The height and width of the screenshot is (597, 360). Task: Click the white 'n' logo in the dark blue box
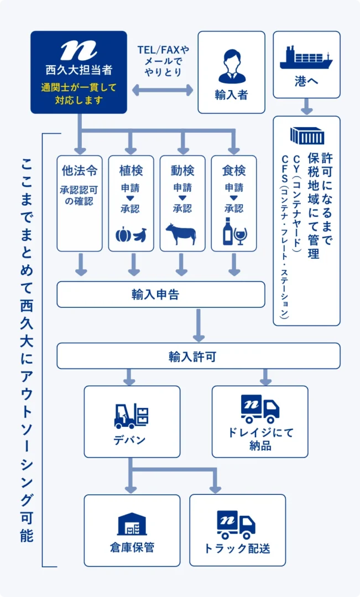coord(79,50)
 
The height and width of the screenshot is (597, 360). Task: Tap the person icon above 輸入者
coord(232,66)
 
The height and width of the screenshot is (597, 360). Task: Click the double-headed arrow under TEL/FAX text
coord(163,90)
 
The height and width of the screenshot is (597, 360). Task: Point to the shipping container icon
coord(307,135)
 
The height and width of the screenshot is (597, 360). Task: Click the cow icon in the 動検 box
coord(181,234)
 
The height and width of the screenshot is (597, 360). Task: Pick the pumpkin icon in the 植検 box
coord(123,235)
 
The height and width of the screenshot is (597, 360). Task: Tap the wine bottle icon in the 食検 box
coord(228,231)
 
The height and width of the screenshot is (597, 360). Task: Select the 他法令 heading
coord(80,171)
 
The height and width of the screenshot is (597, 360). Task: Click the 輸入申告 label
coord(155,294)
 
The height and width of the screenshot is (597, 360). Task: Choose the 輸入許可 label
coord(193,357)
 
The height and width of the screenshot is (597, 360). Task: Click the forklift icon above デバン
coord(131,416)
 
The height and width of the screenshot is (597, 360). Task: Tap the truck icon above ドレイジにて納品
coord(260,409)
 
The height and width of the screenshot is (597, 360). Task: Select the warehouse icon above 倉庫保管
coord(132,524)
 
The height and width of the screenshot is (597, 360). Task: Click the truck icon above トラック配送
coord(236,525)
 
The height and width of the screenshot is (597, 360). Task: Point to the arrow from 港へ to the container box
coord(307,107)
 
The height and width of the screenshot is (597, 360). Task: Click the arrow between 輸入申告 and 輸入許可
coord(199,325)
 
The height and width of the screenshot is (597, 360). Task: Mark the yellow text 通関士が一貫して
coord(79,87)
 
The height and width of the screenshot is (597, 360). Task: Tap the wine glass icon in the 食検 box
coord(241,236)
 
